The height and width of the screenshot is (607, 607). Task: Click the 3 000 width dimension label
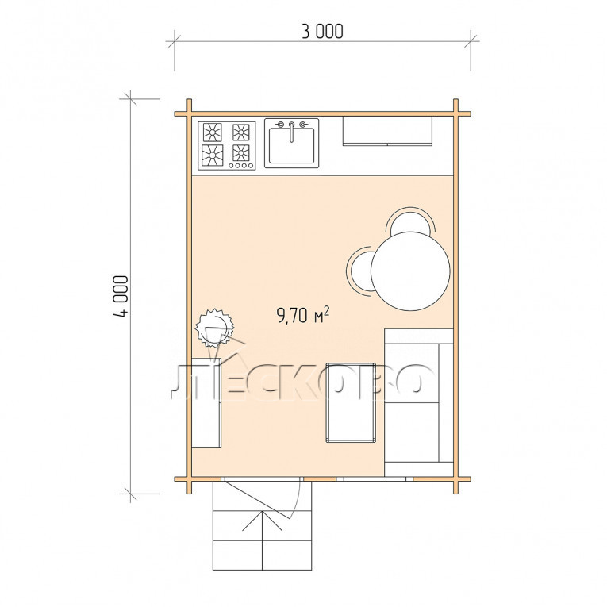[x=322, y=32]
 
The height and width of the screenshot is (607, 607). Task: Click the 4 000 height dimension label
[x=121, y=296]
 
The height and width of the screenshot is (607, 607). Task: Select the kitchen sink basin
[x=291, y=146]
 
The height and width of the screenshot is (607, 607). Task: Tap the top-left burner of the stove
[x=212, y=133]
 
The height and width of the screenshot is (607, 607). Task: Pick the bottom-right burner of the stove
[x=240, y=152]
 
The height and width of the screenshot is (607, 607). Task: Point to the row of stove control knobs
[x=240, y=165]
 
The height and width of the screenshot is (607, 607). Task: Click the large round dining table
[x=410, y=271]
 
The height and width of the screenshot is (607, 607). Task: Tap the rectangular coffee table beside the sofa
[x=352, y=402]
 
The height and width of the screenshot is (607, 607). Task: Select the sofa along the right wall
[x=419, y=402]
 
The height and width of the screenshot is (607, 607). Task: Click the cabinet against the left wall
[x=206, y=402]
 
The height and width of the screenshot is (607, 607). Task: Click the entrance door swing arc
[x=296, y=500]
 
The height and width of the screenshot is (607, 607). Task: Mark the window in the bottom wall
[x=375, y=479]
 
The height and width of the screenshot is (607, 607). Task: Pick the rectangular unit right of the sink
[x=387, y=131]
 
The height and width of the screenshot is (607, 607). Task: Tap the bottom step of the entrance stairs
[x=263, y=555]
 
